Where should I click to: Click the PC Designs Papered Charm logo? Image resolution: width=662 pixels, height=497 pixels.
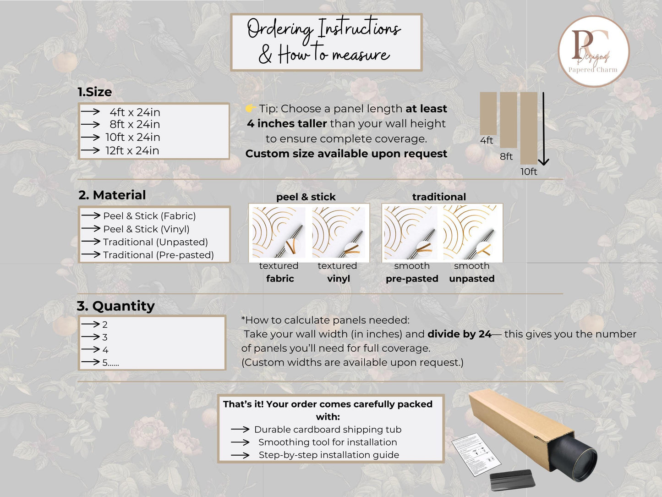[594, 51]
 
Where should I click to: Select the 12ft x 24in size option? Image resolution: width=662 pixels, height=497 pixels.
[132, 150]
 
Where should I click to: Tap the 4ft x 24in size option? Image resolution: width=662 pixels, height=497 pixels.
[135, 112]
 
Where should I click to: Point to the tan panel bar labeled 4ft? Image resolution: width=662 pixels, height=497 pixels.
[488, 113]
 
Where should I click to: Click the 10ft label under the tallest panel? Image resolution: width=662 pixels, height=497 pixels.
[529, 171]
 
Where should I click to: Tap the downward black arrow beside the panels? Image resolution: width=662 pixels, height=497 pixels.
[543, 129]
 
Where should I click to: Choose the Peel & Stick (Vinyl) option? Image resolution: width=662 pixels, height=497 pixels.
[146, 229]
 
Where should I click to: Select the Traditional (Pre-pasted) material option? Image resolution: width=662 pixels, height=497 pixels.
[159, 255]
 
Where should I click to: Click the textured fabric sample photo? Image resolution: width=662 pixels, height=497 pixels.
[279, 232]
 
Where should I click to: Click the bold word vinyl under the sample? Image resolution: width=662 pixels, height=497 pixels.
[339, 278]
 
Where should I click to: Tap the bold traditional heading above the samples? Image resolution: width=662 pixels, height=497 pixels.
[439, 197]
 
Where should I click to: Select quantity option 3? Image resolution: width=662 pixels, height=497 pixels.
[104, 337]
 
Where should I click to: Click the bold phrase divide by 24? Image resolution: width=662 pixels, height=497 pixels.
[460, 334]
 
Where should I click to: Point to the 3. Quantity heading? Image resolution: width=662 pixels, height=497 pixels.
[116, 306]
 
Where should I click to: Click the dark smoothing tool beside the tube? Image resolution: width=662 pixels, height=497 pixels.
[512, 479]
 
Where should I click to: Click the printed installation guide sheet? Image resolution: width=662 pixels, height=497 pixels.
[476, 454]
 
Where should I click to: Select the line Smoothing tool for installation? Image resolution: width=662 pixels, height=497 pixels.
[328, 442]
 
